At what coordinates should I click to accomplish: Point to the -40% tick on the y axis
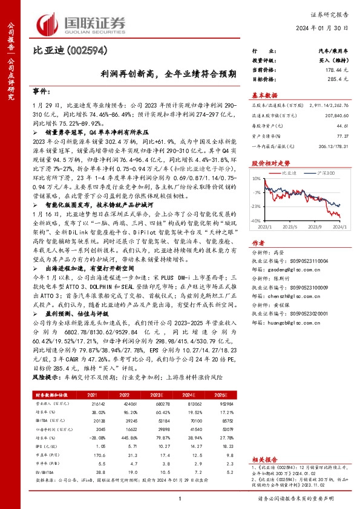point(256,221)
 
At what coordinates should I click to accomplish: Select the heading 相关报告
point(264,460)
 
